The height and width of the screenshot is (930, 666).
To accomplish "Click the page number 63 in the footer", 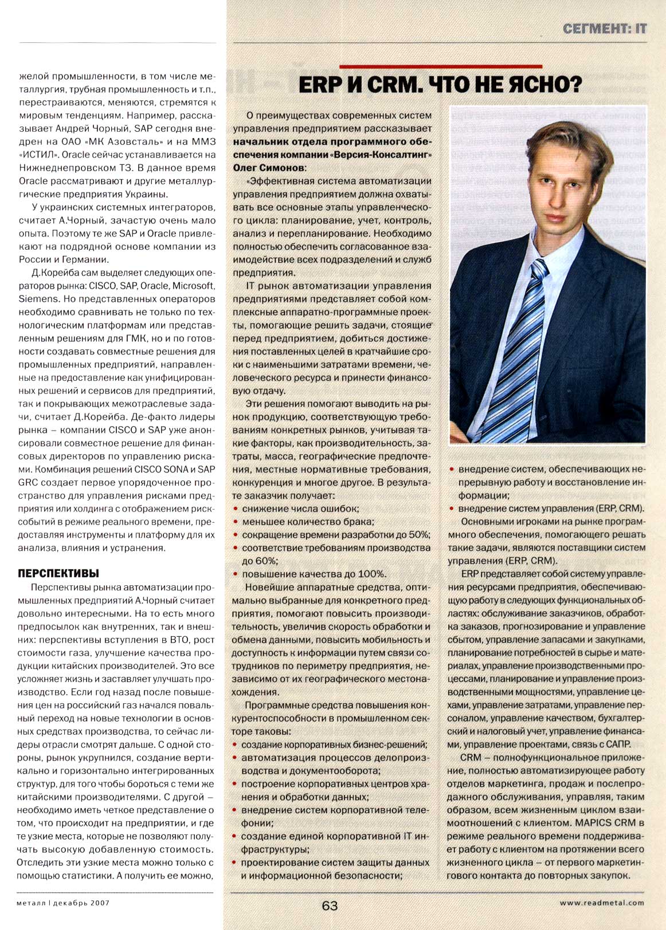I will (330, 905).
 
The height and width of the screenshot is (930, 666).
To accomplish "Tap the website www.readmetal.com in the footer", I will (602, 903).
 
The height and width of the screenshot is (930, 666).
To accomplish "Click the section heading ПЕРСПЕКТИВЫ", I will (58, 573).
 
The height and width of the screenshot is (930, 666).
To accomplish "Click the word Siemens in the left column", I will (38, 298).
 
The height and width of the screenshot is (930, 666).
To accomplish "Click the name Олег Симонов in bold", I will (269, 168).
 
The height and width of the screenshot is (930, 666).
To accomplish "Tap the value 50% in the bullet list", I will (418, 535).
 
